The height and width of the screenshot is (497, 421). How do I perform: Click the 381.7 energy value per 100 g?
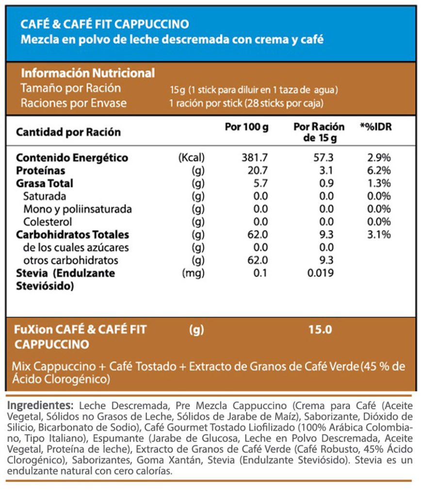pos(255,158)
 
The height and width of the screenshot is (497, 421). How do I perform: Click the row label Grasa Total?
pos(45,183)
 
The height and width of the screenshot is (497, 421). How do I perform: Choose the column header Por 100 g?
pos(246,127)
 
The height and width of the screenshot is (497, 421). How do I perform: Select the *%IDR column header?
pos(375,127)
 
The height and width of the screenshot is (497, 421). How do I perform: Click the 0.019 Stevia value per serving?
pos(321,273)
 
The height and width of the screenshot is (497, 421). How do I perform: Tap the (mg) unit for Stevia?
pos(193,273)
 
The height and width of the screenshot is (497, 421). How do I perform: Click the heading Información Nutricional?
pos(88,73)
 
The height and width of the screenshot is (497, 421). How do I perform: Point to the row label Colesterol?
pos(48,222)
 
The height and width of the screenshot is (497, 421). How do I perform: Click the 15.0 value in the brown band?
pos(320,330)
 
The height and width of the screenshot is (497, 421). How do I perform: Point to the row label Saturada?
pos(45,196)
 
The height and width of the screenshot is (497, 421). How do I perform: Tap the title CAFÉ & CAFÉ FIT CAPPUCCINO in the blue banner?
pos(105,24)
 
